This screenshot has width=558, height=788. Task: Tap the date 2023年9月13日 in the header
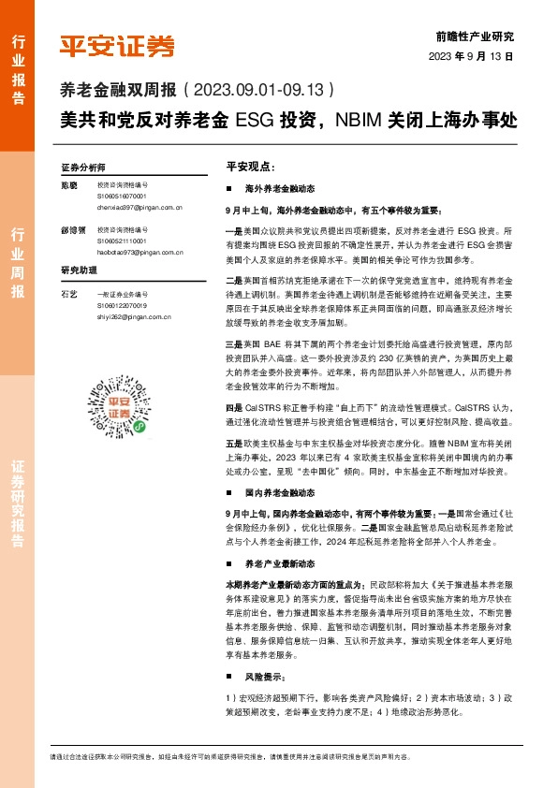[477, 55]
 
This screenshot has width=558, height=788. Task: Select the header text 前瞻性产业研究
[475, 36]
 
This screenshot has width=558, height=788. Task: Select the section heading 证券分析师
[83, 167]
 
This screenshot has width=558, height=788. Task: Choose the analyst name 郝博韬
[73, 229]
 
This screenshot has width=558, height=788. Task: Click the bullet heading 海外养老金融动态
[279, 190]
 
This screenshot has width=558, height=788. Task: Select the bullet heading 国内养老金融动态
[279, 491]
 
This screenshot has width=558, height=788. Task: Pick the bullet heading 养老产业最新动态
[279, 564]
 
